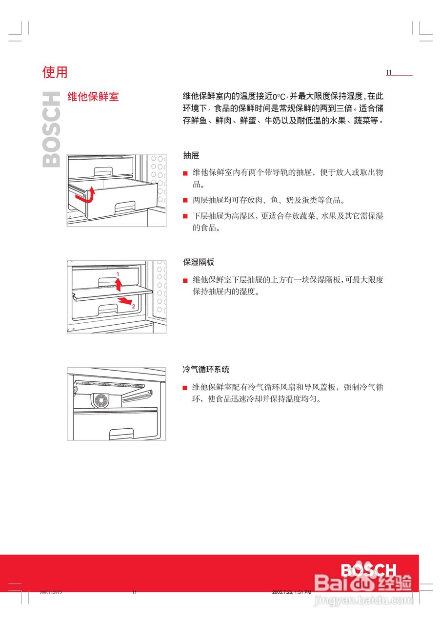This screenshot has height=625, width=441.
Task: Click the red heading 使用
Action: [55, 72]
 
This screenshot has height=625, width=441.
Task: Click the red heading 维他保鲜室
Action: [93, 96]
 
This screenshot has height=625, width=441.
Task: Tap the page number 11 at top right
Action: [389, 73]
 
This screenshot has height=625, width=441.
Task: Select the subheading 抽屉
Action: [191, 156]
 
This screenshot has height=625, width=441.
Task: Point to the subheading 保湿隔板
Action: [199, 262]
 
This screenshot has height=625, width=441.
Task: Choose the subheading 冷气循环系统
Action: [206, 370]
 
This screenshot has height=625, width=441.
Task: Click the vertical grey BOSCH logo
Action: [52, 130]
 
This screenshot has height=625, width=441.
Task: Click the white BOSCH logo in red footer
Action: [368, 570]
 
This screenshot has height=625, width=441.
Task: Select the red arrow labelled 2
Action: [125, 300]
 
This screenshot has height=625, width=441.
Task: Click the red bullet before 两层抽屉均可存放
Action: [185, 200]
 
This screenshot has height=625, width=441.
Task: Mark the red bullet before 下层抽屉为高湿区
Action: [185, 216]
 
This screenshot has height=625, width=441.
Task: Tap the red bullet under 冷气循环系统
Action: [185, 388]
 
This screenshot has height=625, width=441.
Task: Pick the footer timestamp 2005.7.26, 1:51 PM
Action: [291, 592]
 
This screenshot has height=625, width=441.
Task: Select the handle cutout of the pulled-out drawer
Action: [124, 207]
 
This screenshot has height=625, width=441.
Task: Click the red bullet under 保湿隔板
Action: [185, 281]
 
